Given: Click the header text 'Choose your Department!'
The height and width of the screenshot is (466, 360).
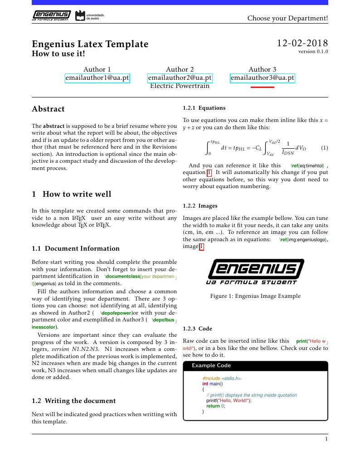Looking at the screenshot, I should (287, 18).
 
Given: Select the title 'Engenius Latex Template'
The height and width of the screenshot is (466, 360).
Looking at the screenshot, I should (90, 44).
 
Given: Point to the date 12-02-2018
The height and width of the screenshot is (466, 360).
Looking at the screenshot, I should (302, 44).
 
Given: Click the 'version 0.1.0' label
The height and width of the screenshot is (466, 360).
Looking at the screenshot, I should (313, 52).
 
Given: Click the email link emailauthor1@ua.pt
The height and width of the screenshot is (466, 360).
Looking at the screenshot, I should (97, 78).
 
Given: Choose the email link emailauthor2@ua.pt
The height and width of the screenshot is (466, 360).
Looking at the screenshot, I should (180, 78).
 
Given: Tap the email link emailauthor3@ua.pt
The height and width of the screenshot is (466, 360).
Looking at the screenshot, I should (263, 78).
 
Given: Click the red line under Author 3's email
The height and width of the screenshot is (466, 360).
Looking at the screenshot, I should (263, 87).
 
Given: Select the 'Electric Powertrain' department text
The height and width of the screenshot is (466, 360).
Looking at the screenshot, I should (180, 86).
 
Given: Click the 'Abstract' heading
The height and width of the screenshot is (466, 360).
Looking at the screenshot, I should (48, 109).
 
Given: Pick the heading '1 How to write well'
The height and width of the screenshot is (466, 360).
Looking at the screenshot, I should (71, 194).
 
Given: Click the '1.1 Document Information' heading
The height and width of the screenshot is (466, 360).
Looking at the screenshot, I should (76, 248).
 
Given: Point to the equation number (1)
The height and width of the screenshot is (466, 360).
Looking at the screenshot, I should (324, 148).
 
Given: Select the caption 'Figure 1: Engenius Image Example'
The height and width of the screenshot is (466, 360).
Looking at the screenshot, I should (255, 296).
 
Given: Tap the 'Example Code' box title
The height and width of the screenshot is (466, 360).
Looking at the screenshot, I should (211, 365).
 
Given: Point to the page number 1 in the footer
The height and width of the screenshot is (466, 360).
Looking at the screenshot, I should (326, 439).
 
